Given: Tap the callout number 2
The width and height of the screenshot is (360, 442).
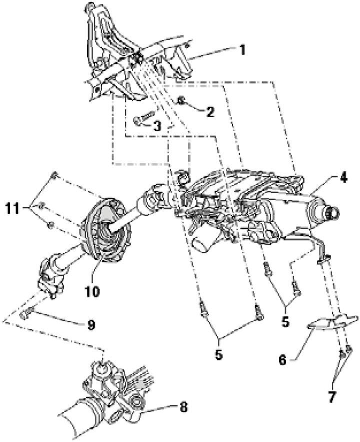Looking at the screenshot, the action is (209, 112).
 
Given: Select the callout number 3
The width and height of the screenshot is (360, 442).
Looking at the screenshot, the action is (156, 126).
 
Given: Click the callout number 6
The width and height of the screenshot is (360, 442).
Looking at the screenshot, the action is (283, 359).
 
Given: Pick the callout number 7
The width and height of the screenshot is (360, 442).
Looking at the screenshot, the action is (332, 397).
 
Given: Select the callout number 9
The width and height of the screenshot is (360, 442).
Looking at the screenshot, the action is (90, 325).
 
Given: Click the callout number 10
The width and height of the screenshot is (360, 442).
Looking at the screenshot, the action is (93, 291).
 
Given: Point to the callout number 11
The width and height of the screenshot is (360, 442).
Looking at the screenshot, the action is (12, 209).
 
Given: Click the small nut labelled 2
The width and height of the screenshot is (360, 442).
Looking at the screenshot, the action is (181, 100).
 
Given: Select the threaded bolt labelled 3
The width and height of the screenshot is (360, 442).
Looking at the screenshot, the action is (143, 117).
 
